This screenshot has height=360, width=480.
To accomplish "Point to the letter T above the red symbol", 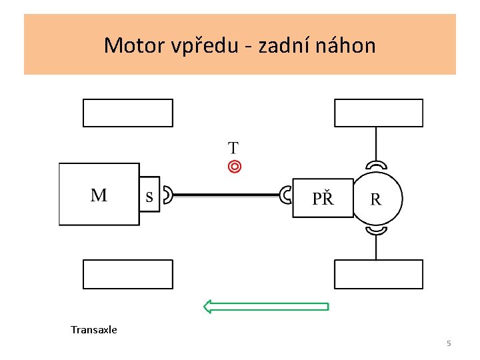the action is [x=233, y=148].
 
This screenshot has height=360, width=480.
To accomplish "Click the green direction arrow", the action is [x=266, y=307].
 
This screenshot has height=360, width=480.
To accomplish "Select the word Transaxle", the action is [x=94, y=330].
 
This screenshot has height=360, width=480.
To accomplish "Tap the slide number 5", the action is [x=449, y=343].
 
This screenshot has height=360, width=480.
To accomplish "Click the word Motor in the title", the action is [x=135, y=45].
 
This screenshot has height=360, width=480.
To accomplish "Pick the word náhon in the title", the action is [x=345, y=45].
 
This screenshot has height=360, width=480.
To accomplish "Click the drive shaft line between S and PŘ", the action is [x=227, y=195].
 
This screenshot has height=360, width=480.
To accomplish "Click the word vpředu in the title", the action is [x=205, y=45].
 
